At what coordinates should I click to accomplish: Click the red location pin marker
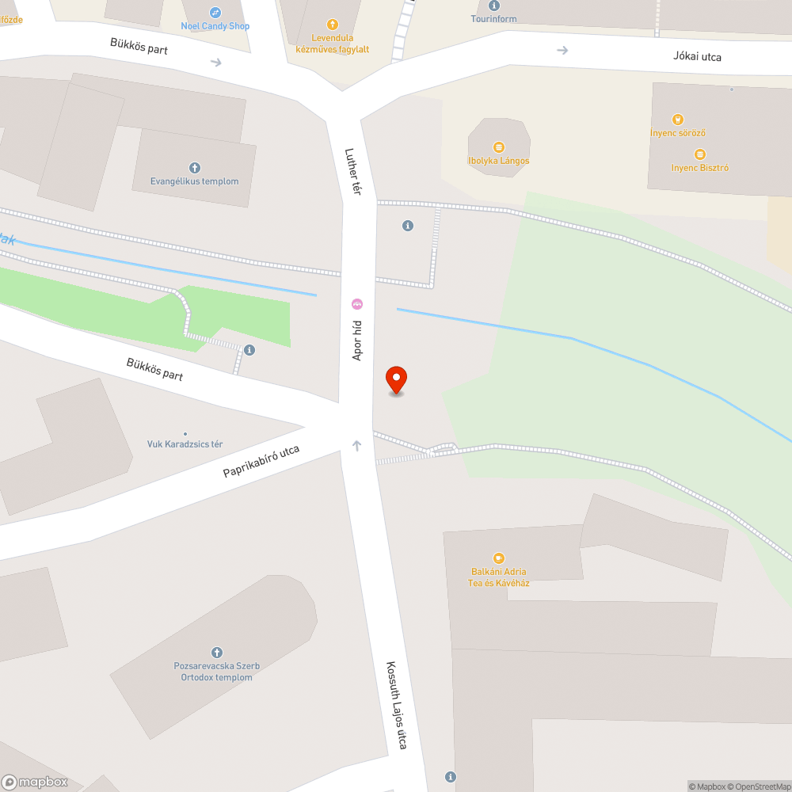(395, 379)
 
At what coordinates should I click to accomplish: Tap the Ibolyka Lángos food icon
(498, 147)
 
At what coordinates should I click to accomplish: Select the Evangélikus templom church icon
(194, 168)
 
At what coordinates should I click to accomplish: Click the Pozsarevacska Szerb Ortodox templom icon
(217, 652)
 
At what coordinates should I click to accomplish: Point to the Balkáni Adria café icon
(498, 558)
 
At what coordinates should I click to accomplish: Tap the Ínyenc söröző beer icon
(677, 120)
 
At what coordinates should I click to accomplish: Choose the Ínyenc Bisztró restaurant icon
(699, 154)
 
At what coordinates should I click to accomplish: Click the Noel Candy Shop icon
(215, 13)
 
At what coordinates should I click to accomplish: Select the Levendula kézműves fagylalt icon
(332, 25)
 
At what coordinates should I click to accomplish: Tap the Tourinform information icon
(495, 6)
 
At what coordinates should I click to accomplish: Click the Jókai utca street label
(698, 56)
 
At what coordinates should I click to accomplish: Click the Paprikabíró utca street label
(261, 461)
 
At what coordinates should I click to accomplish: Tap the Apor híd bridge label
(357, 341)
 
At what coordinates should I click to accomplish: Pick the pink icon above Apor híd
(357, 304)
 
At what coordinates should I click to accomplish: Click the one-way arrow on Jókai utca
(562, 51)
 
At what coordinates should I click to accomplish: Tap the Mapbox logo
(35, 782)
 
